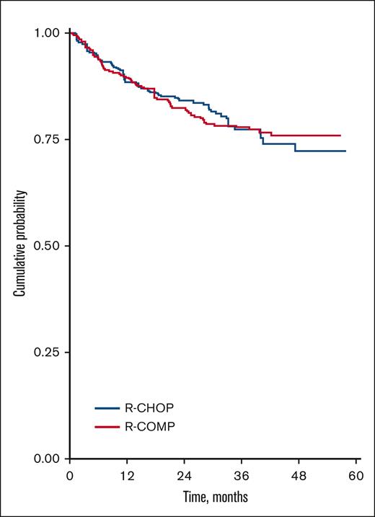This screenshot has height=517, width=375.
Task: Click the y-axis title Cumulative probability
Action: coord(23,245)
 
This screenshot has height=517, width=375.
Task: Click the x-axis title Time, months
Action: coord(212,498)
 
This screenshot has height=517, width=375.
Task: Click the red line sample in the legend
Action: coord(107,427)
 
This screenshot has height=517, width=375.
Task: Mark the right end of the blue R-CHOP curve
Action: coord(345,151)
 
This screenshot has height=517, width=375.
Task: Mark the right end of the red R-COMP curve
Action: coord(340,136)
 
